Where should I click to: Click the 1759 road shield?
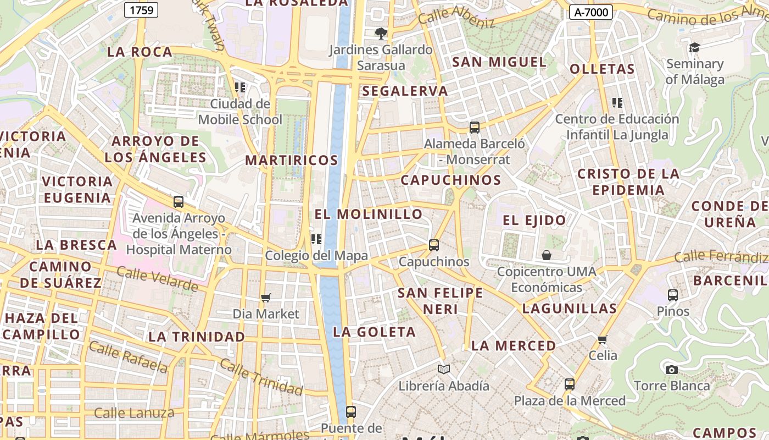tap(141, 9)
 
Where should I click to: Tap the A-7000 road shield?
tap(590, 12)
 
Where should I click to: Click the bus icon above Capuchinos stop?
tap(434, 245)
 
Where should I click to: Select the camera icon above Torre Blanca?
tap(671, 370)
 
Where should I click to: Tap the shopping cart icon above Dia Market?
tap(266, 298)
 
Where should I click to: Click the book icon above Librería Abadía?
tap(443, 369)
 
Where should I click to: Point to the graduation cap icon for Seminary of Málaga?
tap(694, 48)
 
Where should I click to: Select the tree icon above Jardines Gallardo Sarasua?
tap(381, 34)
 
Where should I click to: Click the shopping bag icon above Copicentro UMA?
tap(547, 255)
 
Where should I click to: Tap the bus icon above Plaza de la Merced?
tap(570, 384)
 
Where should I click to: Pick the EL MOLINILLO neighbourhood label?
tap(369, 214)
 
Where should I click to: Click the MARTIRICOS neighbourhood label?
tap(292, 160)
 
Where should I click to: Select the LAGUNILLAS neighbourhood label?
tap(570, 308)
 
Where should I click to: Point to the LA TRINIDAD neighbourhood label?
tap(197, 336)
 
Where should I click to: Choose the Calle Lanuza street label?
tap(134, 413)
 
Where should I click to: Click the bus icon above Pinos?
tap(673, 295)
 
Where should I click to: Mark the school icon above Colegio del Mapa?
tap(316, 239)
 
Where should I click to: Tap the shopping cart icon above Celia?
tap(603, 339)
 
